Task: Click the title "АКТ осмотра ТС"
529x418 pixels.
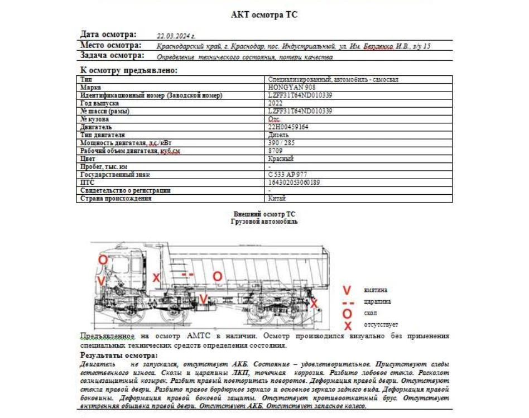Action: click(264, 15)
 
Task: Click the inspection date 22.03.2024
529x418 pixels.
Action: click(176, 35)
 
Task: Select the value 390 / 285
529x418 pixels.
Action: click(282, 143)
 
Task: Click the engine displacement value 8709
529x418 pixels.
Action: click(275, 151)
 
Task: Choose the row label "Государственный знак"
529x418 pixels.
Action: click(114, 175)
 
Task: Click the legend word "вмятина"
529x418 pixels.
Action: click(376, 290)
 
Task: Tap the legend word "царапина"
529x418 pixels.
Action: click(377, 302)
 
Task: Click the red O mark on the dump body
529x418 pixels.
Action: click(218, 276)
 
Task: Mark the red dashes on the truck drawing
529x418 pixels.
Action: click(187, 275)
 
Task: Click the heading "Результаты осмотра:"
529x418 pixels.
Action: click(119, 355)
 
